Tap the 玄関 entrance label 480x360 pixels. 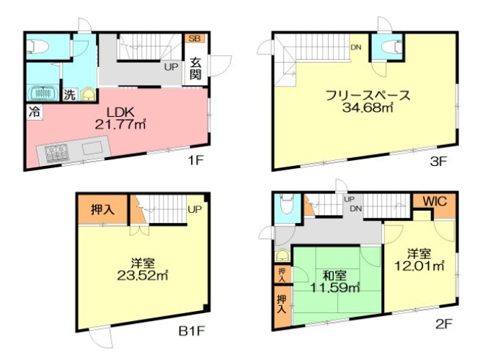195,69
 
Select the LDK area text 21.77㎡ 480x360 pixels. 120,124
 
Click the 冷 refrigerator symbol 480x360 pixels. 35,112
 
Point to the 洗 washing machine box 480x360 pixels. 69,95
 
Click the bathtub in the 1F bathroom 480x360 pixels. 43,92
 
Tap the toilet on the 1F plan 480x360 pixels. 37,48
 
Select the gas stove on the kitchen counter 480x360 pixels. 57,153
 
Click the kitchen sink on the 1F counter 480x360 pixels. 92,149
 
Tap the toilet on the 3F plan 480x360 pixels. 391,48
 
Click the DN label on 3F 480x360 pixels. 356,47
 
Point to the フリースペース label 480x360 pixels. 368,96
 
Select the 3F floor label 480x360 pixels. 438,161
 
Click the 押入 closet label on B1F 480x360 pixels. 102,209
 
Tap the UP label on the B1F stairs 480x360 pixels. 195,209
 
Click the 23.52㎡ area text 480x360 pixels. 143,276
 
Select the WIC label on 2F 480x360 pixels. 435,201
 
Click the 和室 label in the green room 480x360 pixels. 335,276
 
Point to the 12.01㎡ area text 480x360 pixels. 419,265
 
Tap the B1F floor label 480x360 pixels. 192,331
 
